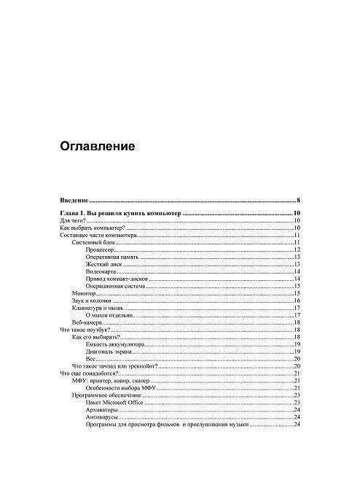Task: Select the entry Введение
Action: tap(74, 200)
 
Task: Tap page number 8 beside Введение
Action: tap(299, 200)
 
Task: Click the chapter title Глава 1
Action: tap(120, 213)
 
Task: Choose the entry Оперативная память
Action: tap(112, 258)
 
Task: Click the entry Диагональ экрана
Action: tap(109, 351)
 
